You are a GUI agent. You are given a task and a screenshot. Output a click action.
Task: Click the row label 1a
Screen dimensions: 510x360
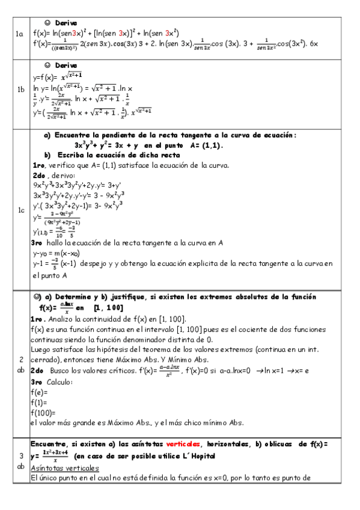pos(20,35)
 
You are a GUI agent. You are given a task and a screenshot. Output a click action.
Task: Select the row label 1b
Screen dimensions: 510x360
pos(20,90)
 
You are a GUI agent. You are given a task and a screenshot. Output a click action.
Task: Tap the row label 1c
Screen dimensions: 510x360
pos(20,210)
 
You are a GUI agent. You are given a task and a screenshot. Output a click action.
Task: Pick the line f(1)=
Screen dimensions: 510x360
pos(39,402)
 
